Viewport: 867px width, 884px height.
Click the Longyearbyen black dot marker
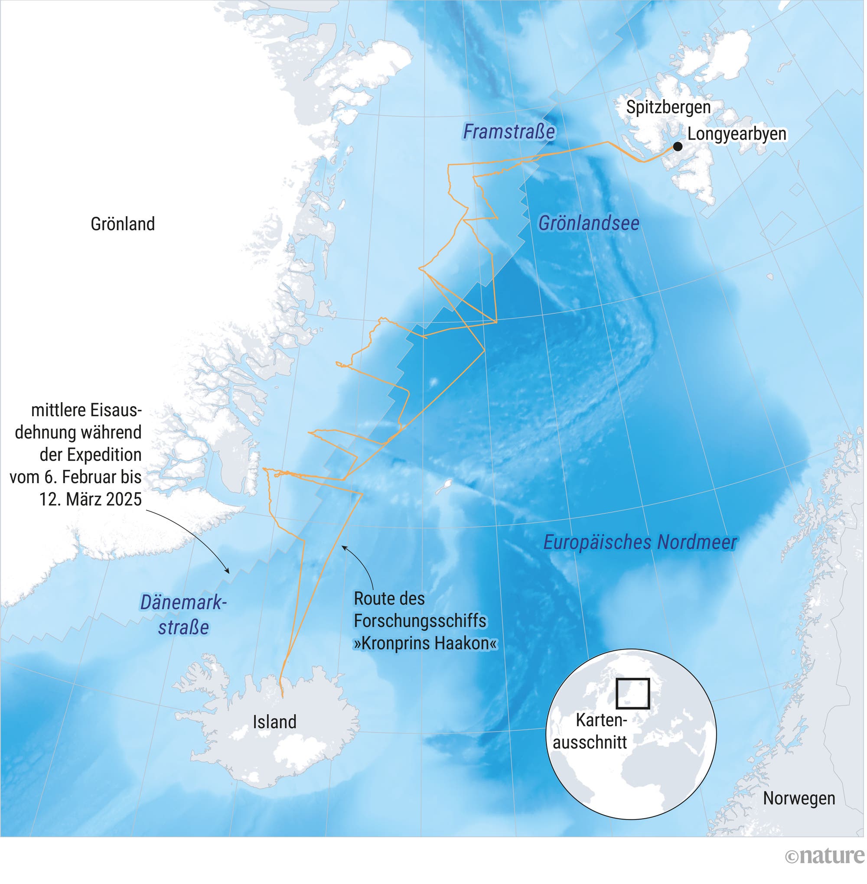pyautogui.click(x=678, y=146)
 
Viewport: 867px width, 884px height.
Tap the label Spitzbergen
pyautogui.click(x=668, y=107)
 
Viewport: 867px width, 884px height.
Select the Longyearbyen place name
pyautogui.click(x=737, y=134)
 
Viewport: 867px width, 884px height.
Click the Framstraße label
pyautogui.click(x=508, y=132)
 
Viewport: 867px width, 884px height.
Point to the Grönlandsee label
pyautogui.click(x=588, y=223)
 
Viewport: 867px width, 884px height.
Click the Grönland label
pyautogui.click(x=123, y=224)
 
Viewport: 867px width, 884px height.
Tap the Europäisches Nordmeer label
pyautogui.click(x=640, y=542)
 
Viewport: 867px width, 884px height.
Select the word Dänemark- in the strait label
pyautogui.click(x=183, y=602)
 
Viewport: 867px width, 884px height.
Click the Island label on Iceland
pyautogui.click(x=274, y=721)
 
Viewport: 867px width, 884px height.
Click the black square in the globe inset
pyautogui.click(x=632, y=693)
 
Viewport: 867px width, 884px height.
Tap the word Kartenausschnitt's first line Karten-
pyautogui.click(x=601, y=720)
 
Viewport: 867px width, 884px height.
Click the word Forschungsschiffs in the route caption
pyautogui.click(x=420, y=621)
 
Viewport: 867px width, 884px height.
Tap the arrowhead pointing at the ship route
pyautogui.click(x=344, y=548)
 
